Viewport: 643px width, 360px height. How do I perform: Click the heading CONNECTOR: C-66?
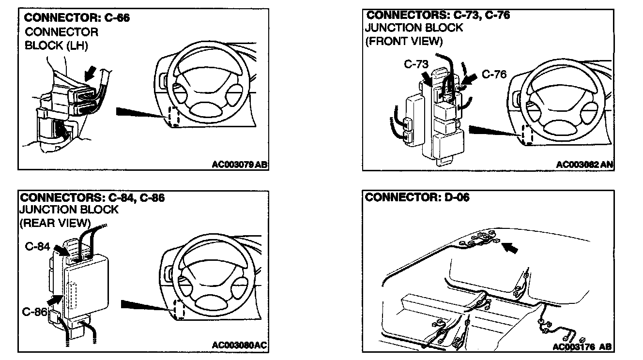coord(77,18)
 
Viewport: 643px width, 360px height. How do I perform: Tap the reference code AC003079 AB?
coord(240,165)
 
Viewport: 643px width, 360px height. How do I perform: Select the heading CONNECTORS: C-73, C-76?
coord(437,15)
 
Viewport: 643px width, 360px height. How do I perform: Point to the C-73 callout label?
coord(415,65)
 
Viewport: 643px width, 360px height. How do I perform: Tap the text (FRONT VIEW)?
coord(404,41)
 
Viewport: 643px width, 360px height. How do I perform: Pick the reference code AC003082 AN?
coord(584,165)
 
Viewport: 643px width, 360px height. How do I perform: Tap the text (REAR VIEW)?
coord(55,223)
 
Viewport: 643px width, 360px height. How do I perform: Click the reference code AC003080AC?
coord(240,345)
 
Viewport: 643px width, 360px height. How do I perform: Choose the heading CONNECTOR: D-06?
coord(417,197)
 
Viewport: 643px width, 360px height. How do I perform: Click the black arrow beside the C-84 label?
coord(60,250)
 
